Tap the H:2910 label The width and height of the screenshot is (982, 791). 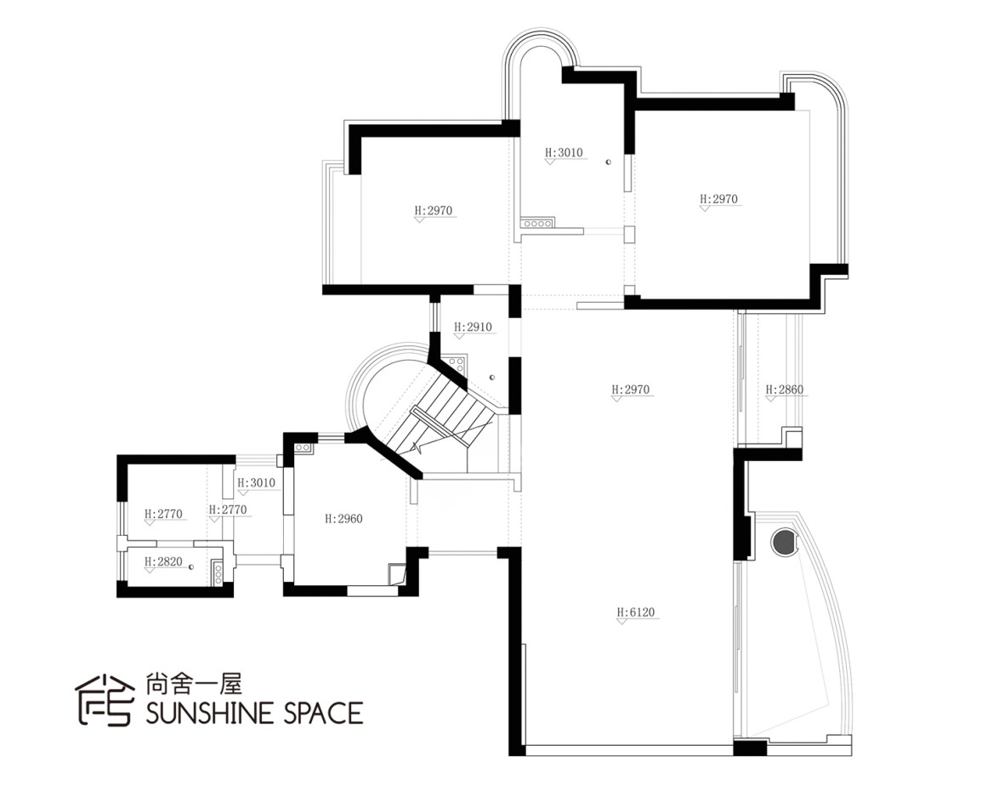(473, 327)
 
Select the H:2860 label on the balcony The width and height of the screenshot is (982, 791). (784, 390)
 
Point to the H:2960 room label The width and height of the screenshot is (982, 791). (343, 519)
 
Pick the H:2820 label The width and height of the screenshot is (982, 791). (163, 561)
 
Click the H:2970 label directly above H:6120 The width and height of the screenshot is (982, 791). (631, 390)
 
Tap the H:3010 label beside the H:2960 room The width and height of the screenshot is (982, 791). (256, 483)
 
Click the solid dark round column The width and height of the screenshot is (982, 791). (783, 540)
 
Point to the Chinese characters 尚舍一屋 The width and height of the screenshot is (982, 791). (194, 683)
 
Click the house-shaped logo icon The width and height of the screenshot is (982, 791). (105, 699)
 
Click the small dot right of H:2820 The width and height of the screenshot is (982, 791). (190, 566)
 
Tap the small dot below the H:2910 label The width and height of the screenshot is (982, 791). (492, 377)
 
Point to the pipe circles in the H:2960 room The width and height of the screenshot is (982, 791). (304, 447)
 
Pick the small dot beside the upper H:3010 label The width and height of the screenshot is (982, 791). (608, 162)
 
